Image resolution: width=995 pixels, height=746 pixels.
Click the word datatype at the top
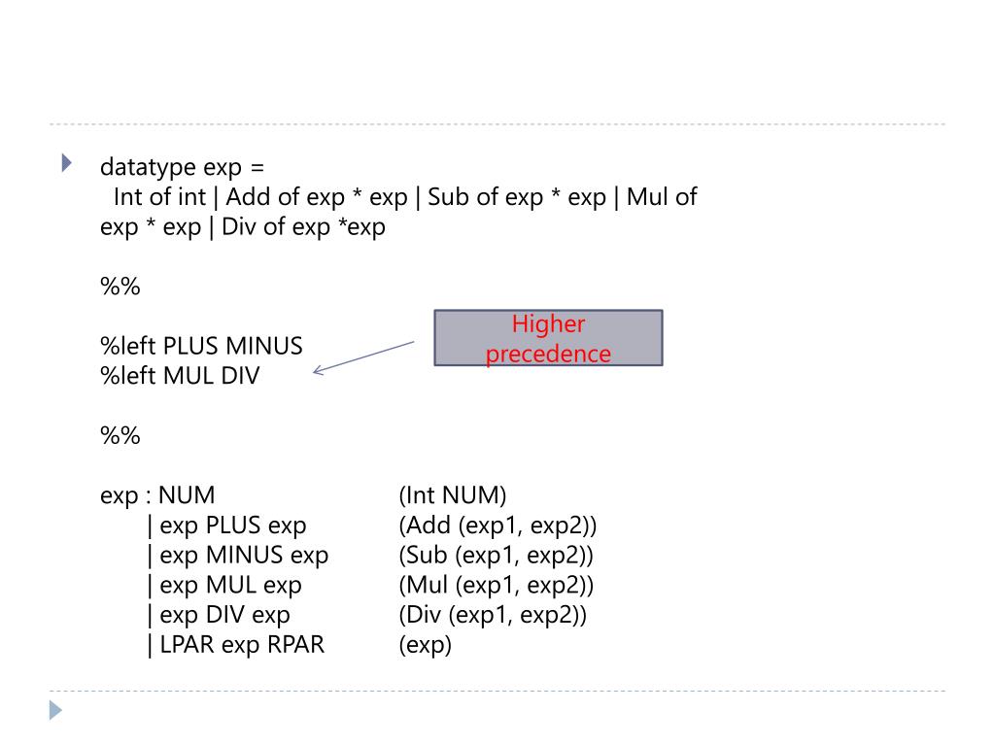click(x=148, y=167)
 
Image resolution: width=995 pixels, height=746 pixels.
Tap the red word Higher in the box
click(x=548, y=325)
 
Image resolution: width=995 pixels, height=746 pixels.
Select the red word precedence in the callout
click(x=548, y=355)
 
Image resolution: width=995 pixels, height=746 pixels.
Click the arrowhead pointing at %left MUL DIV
click(x=318, y=370)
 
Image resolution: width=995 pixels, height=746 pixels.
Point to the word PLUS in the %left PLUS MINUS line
click(x=192, y=346)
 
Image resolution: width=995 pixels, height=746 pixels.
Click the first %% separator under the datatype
click(x=120, y=287)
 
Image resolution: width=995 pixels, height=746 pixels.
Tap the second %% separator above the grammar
click(x=120, y=436)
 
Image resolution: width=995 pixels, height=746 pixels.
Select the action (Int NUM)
click(x=453, y=495)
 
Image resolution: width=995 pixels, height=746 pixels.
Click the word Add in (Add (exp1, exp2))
click(x=428, y=526)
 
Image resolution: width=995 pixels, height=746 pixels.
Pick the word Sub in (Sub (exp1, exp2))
click(x=427, y=556)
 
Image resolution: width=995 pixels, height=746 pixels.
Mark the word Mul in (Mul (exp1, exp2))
click(x=427, y=586)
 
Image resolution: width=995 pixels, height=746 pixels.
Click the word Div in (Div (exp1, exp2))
click(x=426, y=615)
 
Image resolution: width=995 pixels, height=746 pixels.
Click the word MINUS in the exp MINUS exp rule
click(x=244, y=556)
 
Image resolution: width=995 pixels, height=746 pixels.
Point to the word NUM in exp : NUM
click(x=188, y=495)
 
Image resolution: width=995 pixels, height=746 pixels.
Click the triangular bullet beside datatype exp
click(x=67, y=162)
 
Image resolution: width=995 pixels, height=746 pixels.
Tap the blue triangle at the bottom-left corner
click(x=55, y=711)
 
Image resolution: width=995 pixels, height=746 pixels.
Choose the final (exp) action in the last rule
click(x=426, y=645)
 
